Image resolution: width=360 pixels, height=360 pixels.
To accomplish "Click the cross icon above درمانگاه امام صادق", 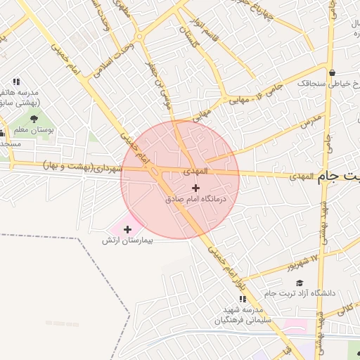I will pos(195,188).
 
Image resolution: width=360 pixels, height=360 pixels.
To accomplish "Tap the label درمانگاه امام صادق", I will pos(197,200).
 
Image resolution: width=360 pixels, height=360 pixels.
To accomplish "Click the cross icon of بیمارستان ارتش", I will pos(127,229).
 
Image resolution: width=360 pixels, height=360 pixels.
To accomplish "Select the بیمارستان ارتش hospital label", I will pos(128,240).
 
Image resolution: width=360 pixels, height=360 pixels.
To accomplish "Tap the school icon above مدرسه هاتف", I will pos(16,82).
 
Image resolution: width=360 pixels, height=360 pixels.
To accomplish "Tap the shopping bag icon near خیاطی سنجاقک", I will pos(332,72).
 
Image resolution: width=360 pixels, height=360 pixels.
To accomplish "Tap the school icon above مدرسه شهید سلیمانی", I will pos(258,300).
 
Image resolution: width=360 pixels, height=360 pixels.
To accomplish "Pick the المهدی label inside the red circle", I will pos(195,171).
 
